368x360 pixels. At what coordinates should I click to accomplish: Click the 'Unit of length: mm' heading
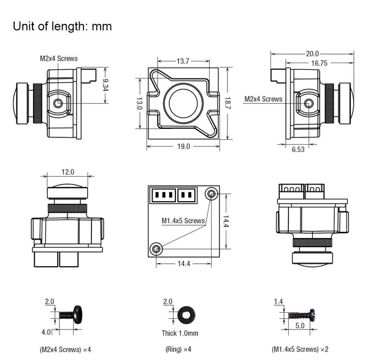[62, 26]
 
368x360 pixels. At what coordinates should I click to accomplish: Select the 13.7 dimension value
[183, 61]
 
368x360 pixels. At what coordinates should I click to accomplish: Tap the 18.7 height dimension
[228, 103]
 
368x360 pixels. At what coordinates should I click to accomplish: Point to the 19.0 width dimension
[183, 147]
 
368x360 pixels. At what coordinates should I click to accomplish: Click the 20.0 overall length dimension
[312, 54]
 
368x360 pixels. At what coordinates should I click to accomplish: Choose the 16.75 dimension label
[319, 63]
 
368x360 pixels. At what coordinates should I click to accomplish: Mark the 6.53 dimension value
[298, 149]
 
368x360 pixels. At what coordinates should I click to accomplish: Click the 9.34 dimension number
[105, 85]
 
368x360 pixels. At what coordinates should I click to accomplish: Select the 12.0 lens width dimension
[68, 172]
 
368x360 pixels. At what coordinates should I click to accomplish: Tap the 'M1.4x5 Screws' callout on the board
[183, 221]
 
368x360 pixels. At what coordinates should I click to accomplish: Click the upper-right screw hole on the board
[211, 194]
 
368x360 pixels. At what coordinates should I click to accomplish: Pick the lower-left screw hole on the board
[156, 249]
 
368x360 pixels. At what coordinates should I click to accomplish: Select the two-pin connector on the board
[187, 194]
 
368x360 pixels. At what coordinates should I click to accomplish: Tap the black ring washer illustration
[186, 315]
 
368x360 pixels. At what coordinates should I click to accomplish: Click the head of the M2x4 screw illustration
[78, 315]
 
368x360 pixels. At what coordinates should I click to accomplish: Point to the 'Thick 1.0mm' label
[180, 333]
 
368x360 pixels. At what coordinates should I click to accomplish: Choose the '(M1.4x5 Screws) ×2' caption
[300, 349]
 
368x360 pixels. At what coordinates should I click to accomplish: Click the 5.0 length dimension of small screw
[300, 326]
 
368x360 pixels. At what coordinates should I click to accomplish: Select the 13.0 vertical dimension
[139, 103]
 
